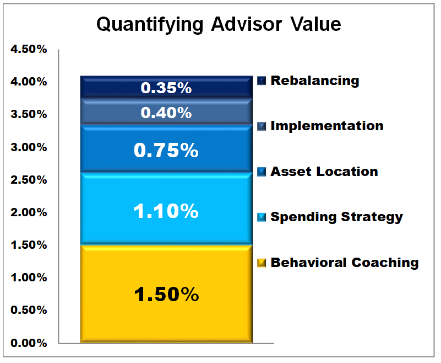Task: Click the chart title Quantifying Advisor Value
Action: (219, 24)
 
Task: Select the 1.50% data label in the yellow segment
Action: (166, 294)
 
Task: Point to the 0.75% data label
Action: (166, 150)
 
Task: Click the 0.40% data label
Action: (166, 113)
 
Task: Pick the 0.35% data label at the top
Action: (166, 88)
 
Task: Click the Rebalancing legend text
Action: (314, 81)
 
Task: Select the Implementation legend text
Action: (326, 126)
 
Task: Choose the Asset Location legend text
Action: (324, 172)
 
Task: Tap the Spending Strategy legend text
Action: (336, 217)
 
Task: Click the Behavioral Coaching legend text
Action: (344, 263)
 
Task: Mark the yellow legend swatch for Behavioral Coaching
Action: (262, 263)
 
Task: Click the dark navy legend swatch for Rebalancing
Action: (262, 81)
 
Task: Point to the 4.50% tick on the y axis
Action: (29, 49)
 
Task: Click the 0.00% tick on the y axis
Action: (29, 343)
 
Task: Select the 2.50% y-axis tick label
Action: (29, 180)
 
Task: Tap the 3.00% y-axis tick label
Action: (29, 147)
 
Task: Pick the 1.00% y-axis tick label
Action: (29, 277)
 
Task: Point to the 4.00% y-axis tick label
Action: (29, 82)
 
